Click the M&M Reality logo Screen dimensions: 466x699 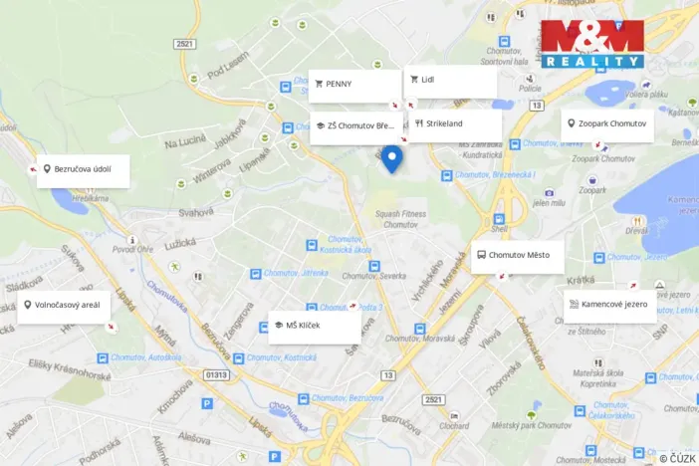point(592,44)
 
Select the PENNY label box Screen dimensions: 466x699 point(353,85)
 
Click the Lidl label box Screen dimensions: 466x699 point(450,81)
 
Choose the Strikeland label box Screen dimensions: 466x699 point(457,125)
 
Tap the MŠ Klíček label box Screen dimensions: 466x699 point(314,327)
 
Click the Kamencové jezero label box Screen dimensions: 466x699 point(609,305)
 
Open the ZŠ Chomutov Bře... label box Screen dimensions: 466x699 point(355,127)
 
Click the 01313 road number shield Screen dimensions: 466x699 point(216,375)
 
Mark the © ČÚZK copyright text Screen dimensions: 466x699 point(677,456)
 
